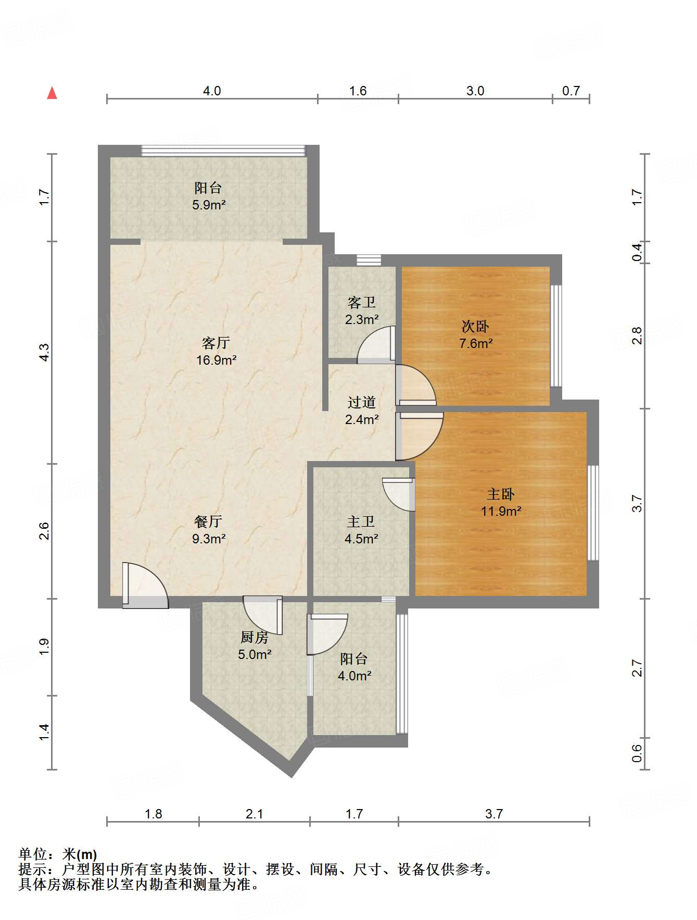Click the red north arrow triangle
click(x=52, y=93)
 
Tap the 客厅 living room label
click(x=216, y=343)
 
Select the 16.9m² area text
click(x=217, y=360)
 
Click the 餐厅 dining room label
click(x=208, y=521)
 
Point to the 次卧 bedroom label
click(x=475, y=327)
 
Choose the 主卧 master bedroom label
click(x=501, y=494)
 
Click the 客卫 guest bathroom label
click(x=362, y=302)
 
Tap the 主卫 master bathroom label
click(x=361, y=521)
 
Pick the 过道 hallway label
click(x=362, y=402)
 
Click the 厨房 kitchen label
click(x=255, y=637)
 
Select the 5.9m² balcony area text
click(x=209, y=205)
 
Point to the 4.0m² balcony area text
click(x=354, y=676)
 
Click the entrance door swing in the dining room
click(x=145, y=585)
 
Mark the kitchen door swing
click(x=263, y=615)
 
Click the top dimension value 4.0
click(x=212, y=91)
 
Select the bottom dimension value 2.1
click(x=255, y=814)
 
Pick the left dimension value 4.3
click(x=44, y=353)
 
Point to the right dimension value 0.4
click(x=637, y=253)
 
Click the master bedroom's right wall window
click(x=593, y=513)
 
